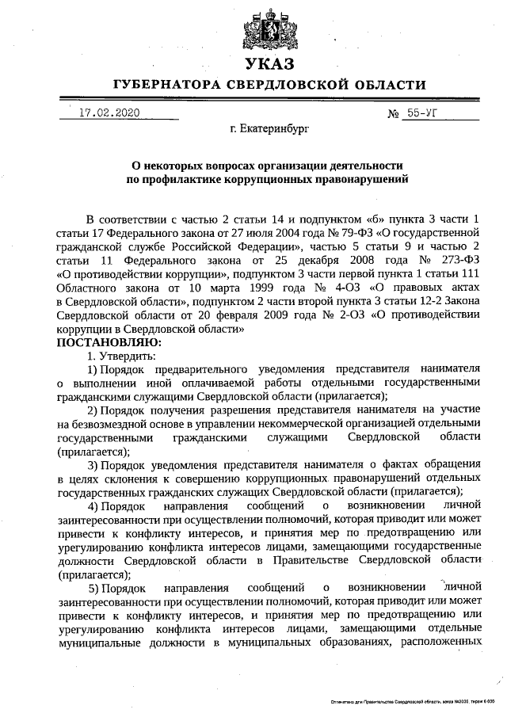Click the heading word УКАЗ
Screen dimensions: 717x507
(x=269, y=64)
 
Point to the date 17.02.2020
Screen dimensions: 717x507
(x=109, y=113)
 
